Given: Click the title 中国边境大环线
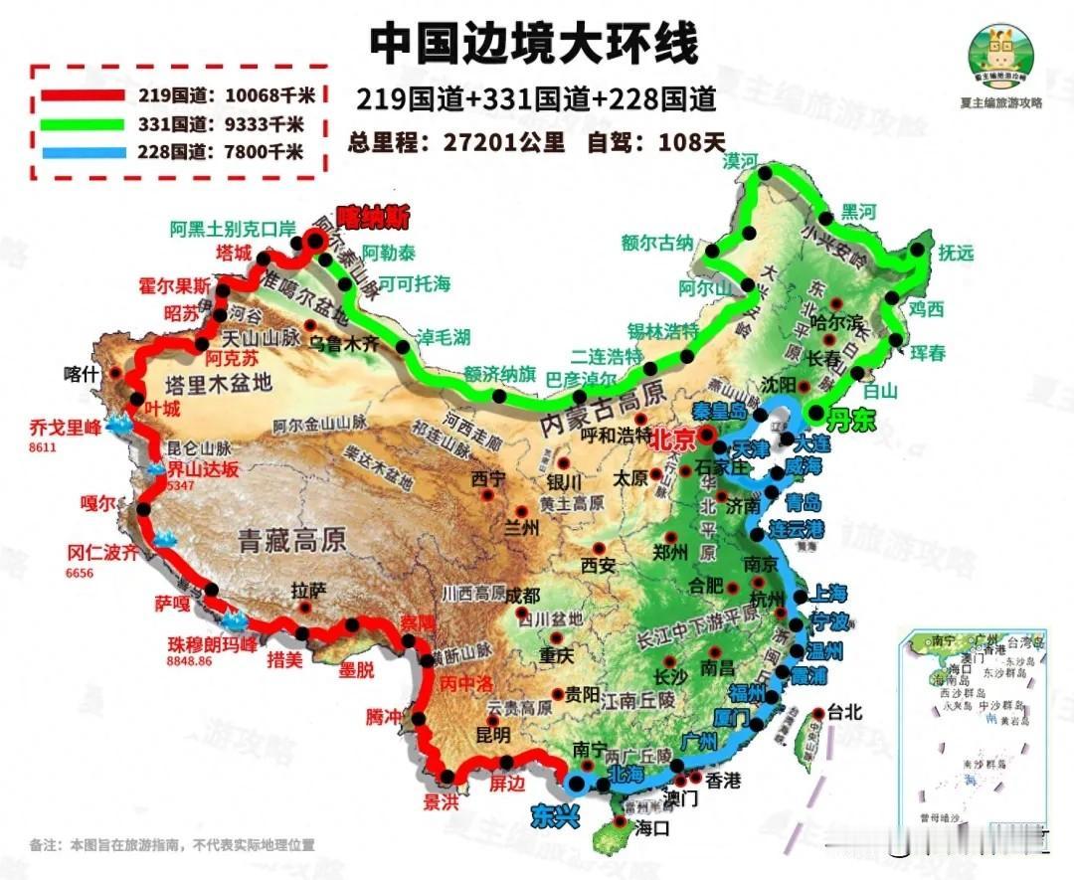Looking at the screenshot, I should tap(535, 44).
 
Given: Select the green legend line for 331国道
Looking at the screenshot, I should tap(84, 125).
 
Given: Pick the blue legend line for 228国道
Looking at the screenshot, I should tap(84, 153).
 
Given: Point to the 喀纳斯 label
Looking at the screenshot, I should tap(373, 216).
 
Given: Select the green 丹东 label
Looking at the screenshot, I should tap(853, 421).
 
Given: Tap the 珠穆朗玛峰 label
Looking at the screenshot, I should tap(213, 644).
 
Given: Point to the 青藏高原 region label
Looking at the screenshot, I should tap(291, 540).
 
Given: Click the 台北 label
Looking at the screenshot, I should tap(845, 713).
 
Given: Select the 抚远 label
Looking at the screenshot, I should tap(957, 253).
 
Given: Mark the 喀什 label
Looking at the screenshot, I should tap(83, 374).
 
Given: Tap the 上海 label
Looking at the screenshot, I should tap(829, 594).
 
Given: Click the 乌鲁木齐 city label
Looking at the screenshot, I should tap(344, 344).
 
